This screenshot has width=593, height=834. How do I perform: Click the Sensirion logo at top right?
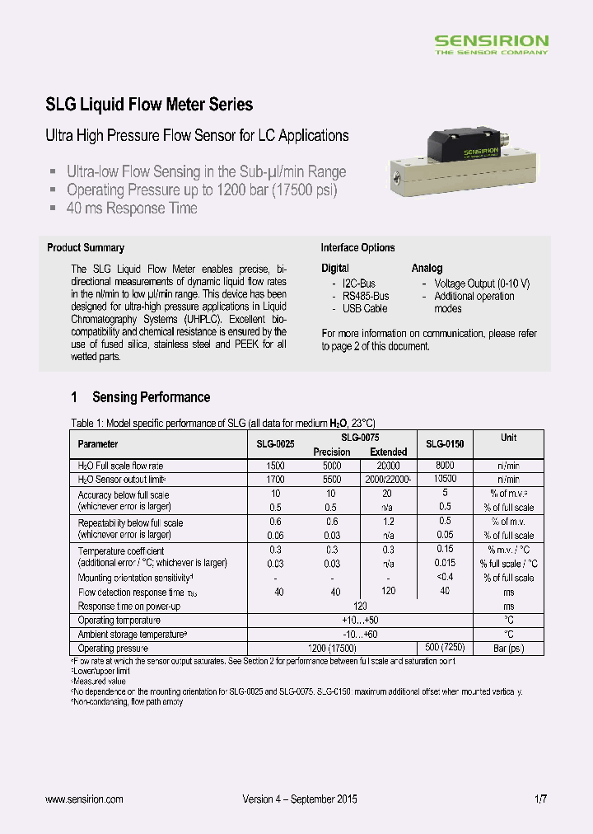pyautogui.click(x=491, y=44)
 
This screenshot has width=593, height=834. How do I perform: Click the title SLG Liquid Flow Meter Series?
pyautogui.click(x=148, y=105)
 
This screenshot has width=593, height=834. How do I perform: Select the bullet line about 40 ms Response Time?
pyautogui.click(x=132, y=208)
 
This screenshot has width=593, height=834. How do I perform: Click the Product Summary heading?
pyautogui.click(x=86, y=247)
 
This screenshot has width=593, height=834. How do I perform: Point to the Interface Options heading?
pyautogui.click(x=357, y=247)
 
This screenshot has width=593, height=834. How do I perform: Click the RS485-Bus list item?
pyautogui.click(x=366, y=296)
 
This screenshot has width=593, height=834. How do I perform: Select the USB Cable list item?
pyautogui.click(x=365, y=309)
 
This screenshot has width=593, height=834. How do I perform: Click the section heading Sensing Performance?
pyautogui.click(x=151, y=397)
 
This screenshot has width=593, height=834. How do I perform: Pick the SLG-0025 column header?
pyautogui.click(x=275, y=444)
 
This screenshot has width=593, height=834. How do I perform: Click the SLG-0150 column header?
pyautogui.click(x=445, y=444)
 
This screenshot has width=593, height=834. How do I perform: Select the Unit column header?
pyautogui.click(x=508, y=438)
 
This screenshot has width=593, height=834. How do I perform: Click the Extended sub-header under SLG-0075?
pyautogui.click(x=388, y=452)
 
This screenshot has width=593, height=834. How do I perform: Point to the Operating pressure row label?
pyautogui.click(x=114, y=649)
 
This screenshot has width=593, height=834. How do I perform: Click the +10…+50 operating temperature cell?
pyautogui.click(x=359, y=620)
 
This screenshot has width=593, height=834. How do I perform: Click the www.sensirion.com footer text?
pyautogui.click(x=84, y=799)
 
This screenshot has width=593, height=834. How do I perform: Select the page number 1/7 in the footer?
pyautogui.click(x=541, y=799)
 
